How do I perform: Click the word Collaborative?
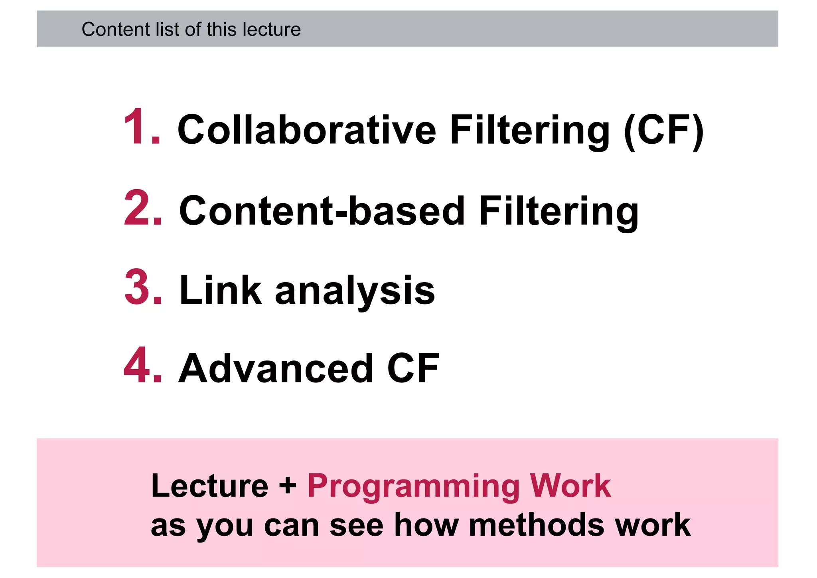[307, 129]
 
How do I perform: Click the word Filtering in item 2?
[558, 212]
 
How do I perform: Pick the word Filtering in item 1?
[530, 130]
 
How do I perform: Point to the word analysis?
[355, 291]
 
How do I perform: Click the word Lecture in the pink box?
[210, 486]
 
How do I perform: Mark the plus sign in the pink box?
[288, 487]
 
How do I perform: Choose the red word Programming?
[413, 487]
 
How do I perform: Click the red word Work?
[570, 486]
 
